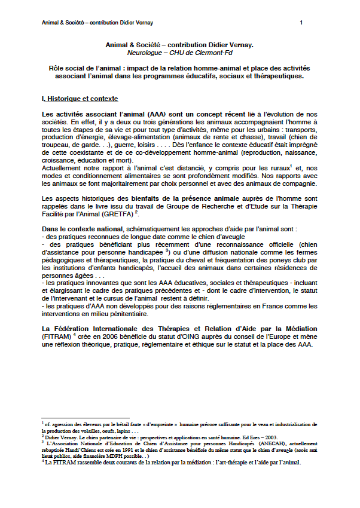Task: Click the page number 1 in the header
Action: [301, 23]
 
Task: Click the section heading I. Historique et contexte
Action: [80, 99]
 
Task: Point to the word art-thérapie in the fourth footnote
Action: [233, 463]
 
